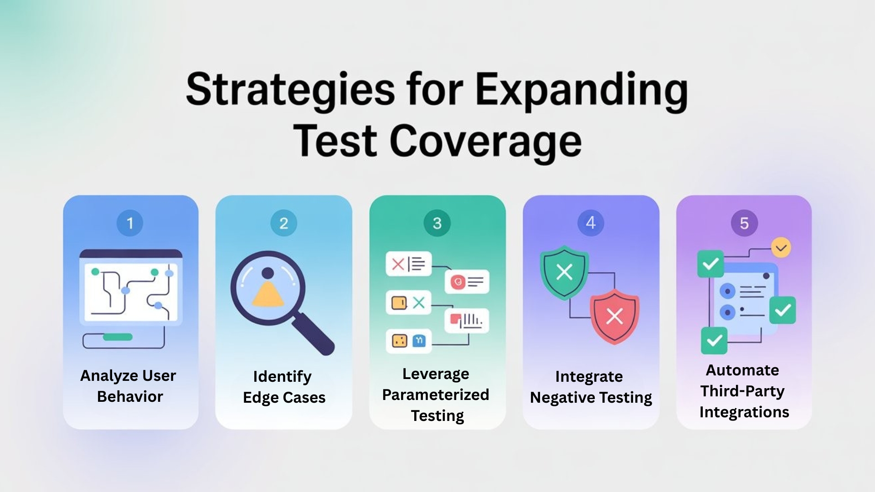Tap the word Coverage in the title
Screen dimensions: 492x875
pyautogui.click(x=485, y=141)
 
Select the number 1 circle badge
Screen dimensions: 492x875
pyautogui.click(x=130, y=223)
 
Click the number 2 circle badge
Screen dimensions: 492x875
pyautogui.click(x=283, y=223)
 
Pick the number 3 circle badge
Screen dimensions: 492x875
pyautogui.click(x=437, y=223)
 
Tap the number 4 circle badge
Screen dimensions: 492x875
pyautogui.click(x=591, y=223)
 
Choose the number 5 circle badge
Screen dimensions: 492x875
pyautogui.click(x=744, y=223)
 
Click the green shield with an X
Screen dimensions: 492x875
pyautogui.click(x=564, y=272)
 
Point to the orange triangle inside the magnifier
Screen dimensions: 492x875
pyautogui.click(x=268, y=294)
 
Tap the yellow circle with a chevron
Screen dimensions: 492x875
pyautogui.click(x=781, y=248)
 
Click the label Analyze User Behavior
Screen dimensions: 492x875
pyautogui.click(x=129, y=386)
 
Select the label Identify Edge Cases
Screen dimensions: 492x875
pyautogui.click(x=283, y=387)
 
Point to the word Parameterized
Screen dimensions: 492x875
pyautogui.click(x=436, y=395)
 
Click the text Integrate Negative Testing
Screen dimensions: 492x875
pyautogui.click(x=591, y=387)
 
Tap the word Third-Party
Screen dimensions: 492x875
pyautogui.click(x=742, y=391)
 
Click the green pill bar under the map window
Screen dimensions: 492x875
pyautogui.click(x=118, y=337)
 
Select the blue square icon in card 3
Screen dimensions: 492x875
pyautogui.click(x=419, y=341)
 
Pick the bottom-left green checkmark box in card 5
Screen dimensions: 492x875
pyautogui.click(x=714, y=340)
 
